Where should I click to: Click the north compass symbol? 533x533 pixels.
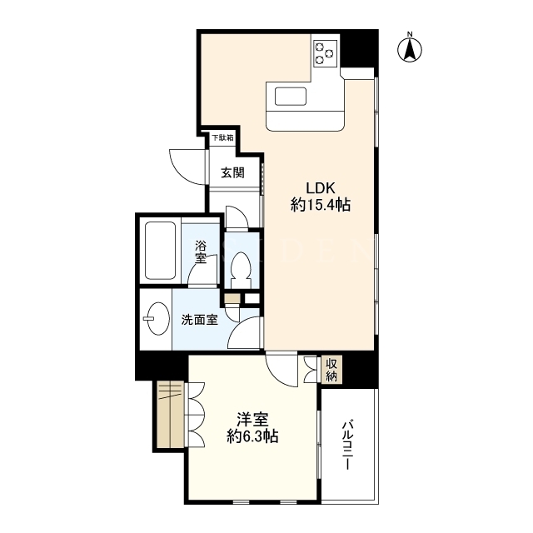pyautogui.click(x=410, y=50)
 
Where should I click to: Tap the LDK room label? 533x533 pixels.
pyautogui.click(x=321, y=188)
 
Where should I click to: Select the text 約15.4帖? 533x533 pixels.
pyautogui.click(x=321, y=205)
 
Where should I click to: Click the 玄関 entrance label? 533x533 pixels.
pyautogui.click(x=233, y=172)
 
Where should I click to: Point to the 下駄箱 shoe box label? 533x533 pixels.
pyautogui.click(x=222, y=137)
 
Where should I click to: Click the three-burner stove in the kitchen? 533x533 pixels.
pyautogui.click(x=325, y=52)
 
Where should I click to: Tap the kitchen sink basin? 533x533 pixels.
pyautogui.click(x=291, y=97)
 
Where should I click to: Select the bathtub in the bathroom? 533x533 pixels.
pyautogui.click(x=161, y=251)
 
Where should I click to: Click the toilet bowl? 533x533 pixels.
pyautogui.click(x=241, y=266)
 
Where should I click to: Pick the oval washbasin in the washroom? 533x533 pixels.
pyautogui.click(x=157, y=318)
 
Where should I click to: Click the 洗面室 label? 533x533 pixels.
pyautogui.click(x=200, y=320)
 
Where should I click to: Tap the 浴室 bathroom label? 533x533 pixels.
pyautogui.click(x=201, y=252)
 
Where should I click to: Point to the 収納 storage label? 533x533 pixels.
pyautogui.click(x=331, y=370)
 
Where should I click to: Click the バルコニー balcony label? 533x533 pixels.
pyautogui.click(x=346, y=445)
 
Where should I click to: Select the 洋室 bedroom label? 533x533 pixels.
pyautogui.click(x=252, y=420)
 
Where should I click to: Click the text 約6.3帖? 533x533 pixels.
pyautogui.click(x=252, y=436)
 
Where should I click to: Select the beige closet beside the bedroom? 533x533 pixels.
pyautogui.click(x=171, y=415)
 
